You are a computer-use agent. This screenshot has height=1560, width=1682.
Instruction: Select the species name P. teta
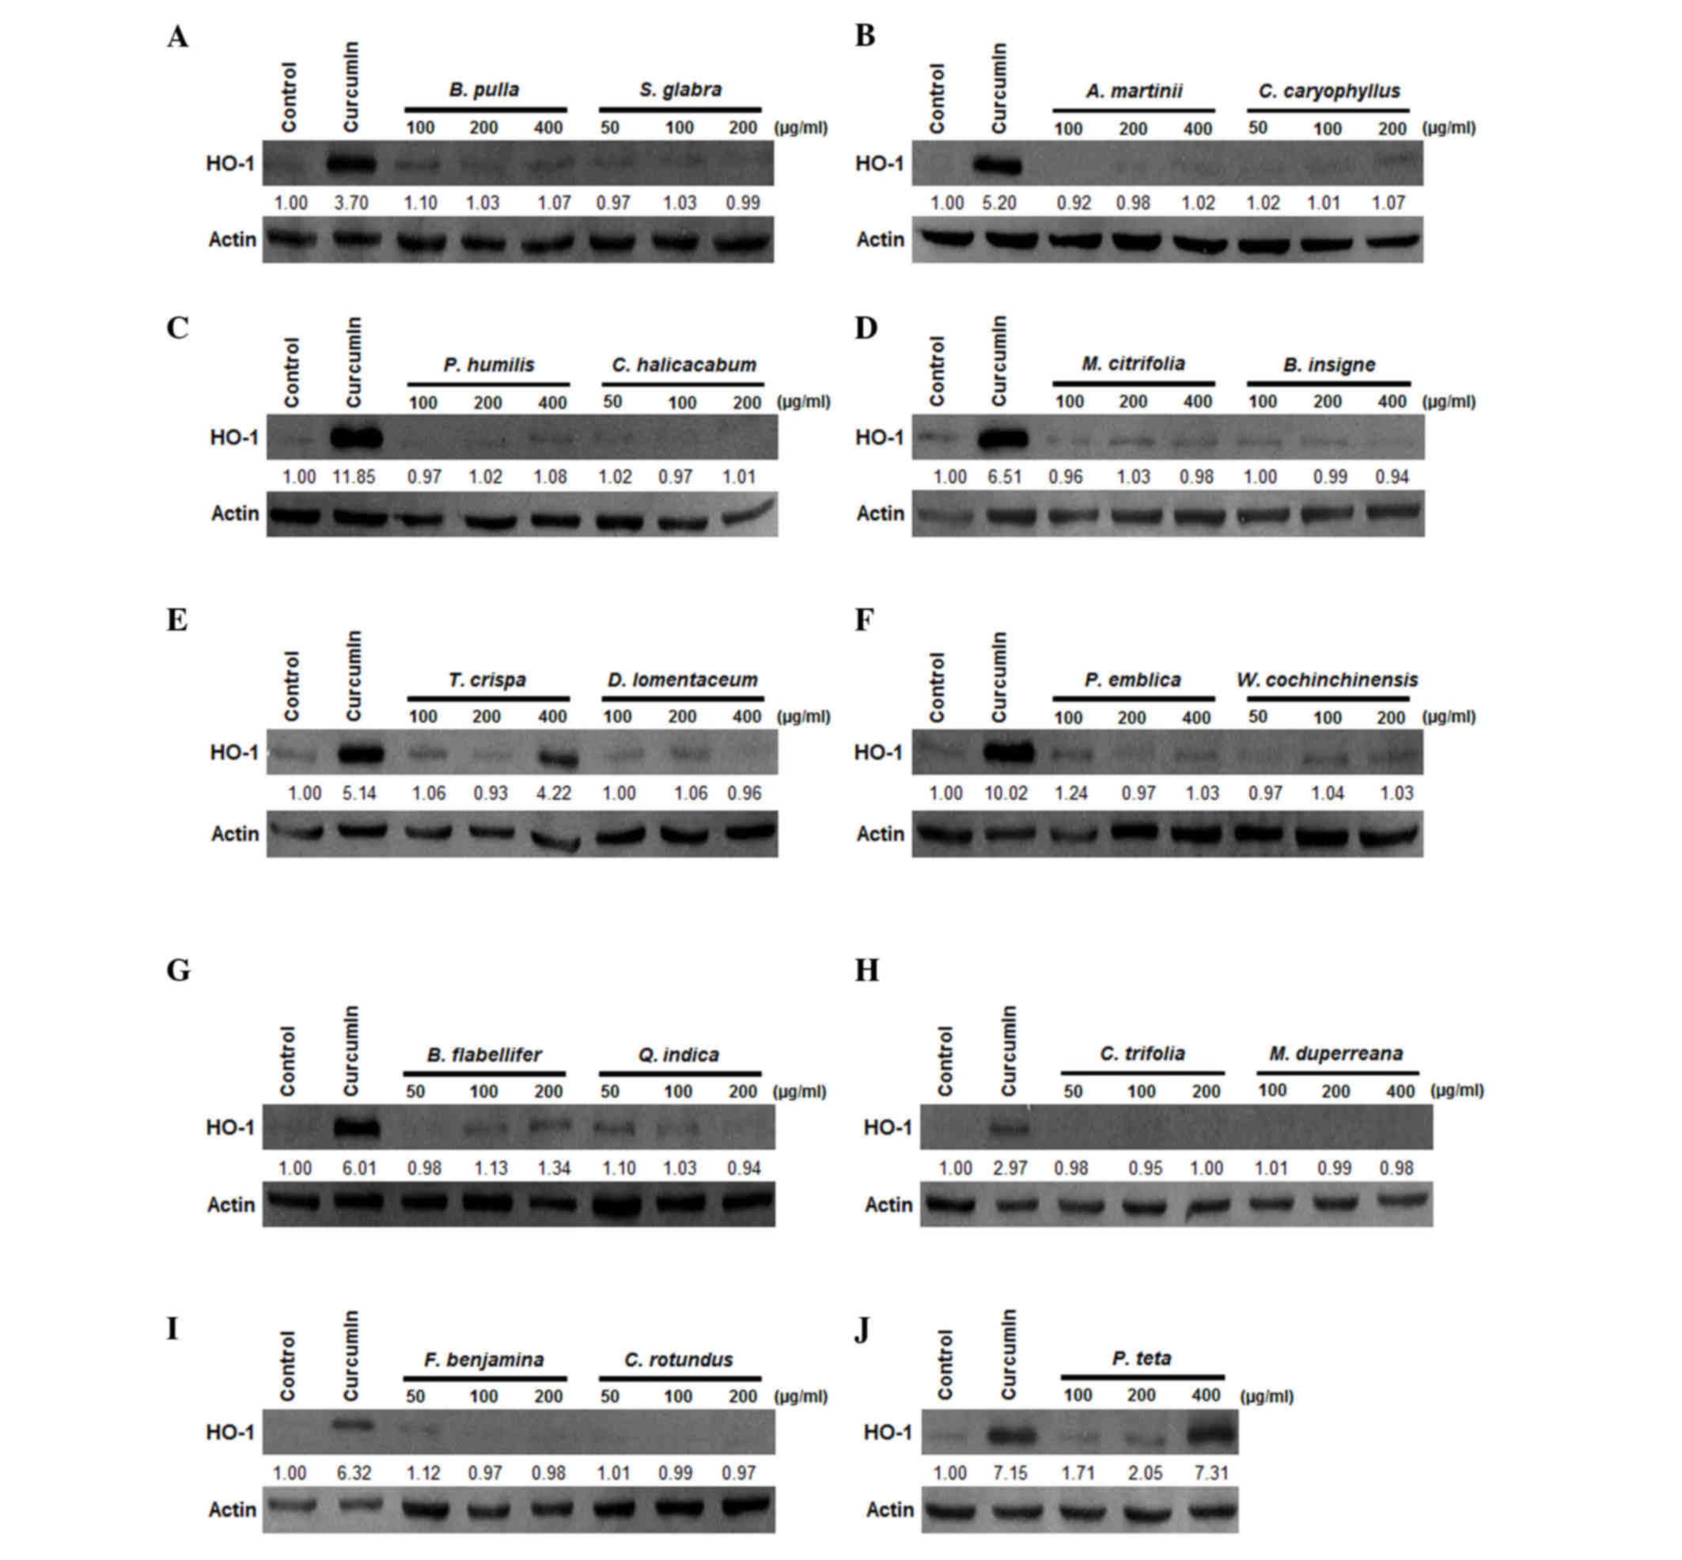pyautogui.click(x=1142, y=1357)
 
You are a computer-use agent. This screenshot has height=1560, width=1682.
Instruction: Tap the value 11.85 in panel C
pyautogui.click(x=354, y=477)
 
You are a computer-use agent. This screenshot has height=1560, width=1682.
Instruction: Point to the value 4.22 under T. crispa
pyautogui.click(x=554, y=793)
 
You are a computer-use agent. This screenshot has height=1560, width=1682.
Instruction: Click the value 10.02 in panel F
pyautogui.click(x=1006, y=793)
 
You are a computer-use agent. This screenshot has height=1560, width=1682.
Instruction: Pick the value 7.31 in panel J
pyautogui.click(x=1206, y=1473)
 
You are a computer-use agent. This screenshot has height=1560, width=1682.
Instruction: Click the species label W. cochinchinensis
pyautogui.click(x=1327, y=680)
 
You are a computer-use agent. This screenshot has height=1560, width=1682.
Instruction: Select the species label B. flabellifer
pyautogui.click(x=484, y=1055)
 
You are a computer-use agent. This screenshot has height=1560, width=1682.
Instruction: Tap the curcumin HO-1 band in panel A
pyautogui.click(x=351, y=164)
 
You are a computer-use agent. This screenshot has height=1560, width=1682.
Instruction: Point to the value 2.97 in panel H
pyautogui.click(x=1010, y=1168)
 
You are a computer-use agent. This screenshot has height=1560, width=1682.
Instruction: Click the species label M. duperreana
pyautogui.click(x=1335, y=1054)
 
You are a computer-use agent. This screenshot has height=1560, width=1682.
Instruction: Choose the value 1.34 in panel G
pyautogui.click(x=554, y=1168)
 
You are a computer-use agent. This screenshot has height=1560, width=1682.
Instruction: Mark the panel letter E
pyautogui.click(x=176, y=620)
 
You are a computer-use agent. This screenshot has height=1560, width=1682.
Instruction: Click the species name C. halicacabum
pyautogui.click(x=684, y=365)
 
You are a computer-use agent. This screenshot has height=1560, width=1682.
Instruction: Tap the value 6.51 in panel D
pyautogui.click(x=1005, y=477)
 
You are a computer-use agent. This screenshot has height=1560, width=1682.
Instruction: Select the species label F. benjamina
pyautogui.click(x=484, y=1360)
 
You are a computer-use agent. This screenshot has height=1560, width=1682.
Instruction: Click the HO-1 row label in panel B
pyautogui.click(x=878, y=164)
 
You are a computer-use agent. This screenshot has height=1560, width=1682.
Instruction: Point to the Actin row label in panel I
pyautogui.click(x=232, y=1509)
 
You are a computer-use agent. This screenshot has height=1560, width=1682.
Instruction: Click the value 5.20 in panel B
pyautogui.click(x=1000, y=203)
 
